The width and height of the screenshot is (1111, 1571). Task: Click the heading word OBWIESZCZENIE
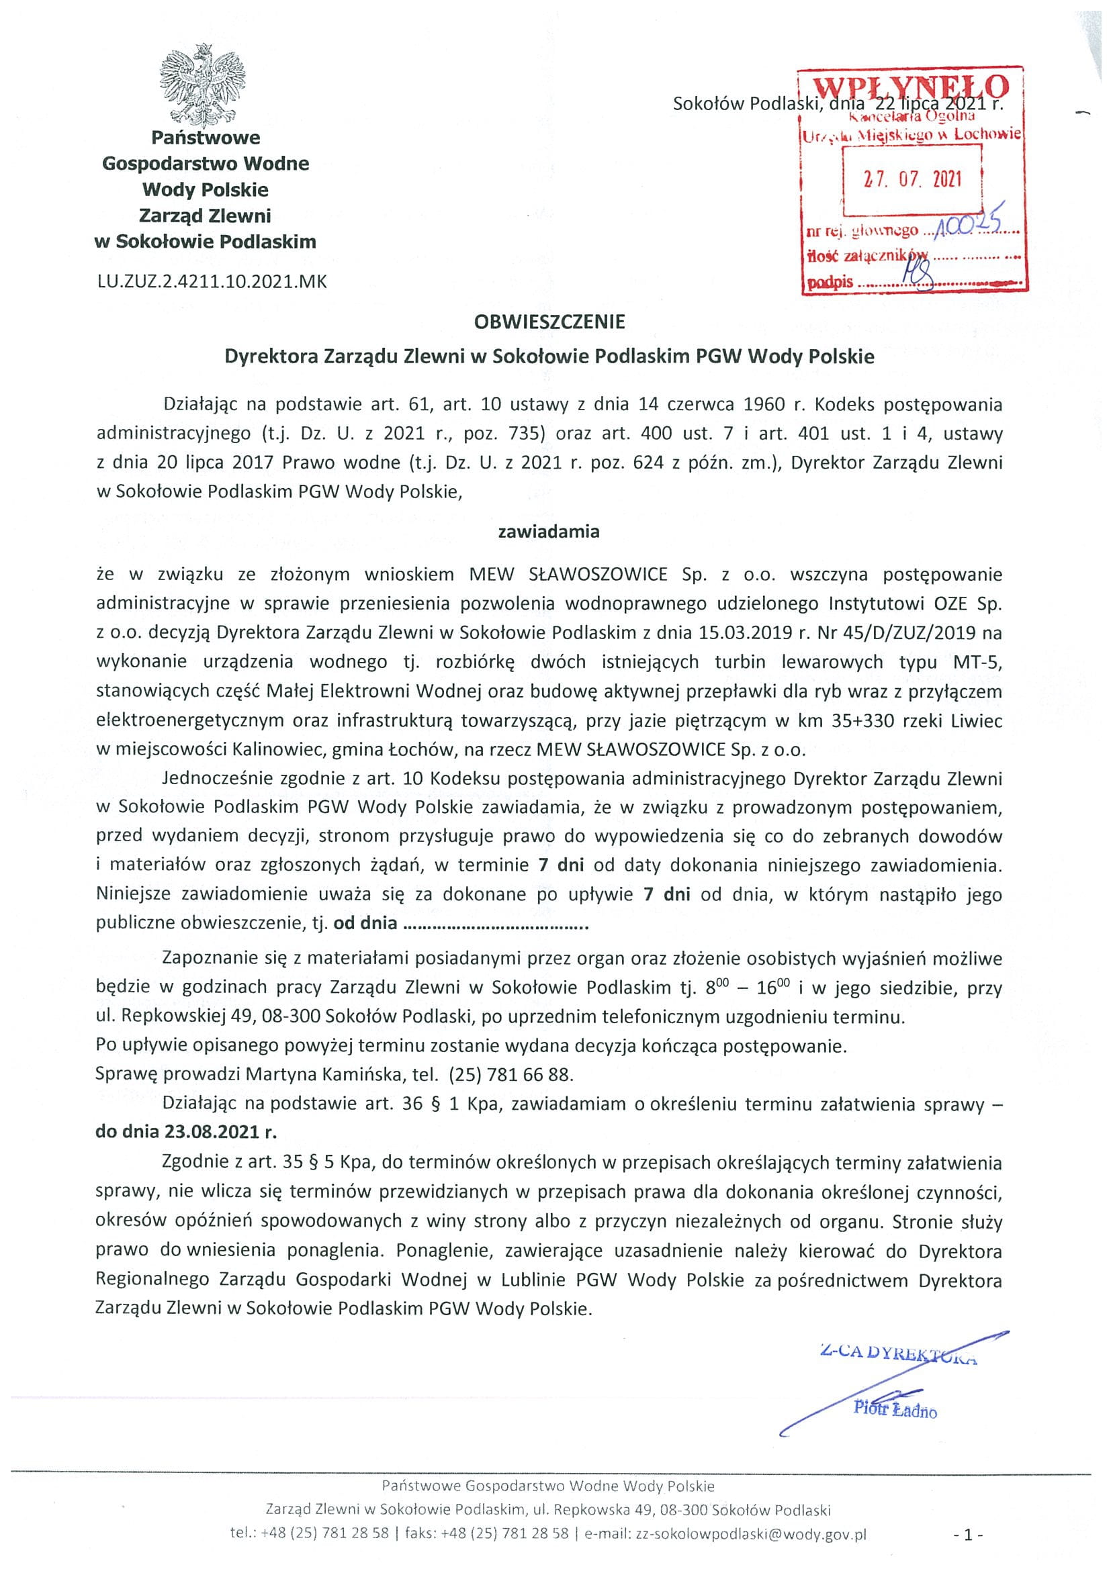tap(549, 322)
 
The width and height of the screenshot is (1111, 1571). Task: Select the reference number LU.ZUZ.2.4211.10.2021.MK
tap(212, 281)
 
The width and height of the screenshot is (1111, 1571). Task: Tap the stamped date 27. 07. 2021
tap(911, 179)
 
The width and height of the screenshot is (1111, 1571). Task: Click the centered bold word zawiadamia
tap(549, 532)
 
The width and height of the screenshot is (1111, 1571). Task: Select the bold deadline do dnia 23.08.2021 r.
tap(186, 1131)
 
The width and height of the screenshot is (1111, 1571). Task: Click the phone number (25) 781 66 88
tap(510, 1074)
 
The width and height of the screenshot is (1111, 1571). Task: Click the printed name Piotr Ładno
tap(895, 1409)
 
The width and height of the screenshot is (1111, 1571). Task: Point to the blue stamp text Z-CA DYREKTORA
tap(897, 1353)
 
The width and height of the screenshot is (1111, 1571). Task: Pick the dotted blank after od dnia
tap(496, 923)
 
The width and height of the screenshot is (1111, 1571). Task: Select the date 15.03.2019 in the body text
tap(742, 632)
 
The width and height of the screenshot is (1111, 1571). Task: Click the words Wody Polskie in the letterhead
tap(206, 189)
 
